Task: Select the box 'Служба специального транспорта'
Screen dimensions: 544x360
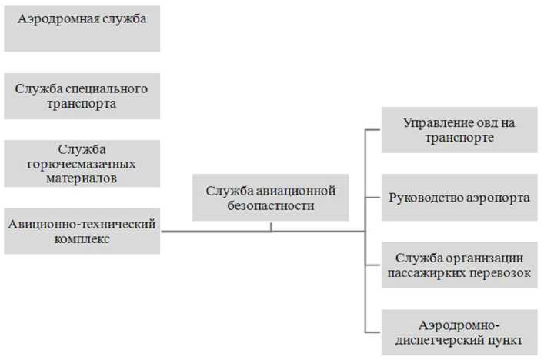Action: [x=82, y=96]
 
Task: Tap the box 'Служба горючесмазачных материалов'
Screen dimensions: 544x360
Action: [x=82, y=163]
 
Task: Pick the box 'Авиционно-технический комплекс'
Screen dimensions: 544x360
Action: [x=82, y=231]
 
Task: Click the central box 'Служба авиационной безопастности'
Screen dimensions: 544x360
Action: [x=271, y=198]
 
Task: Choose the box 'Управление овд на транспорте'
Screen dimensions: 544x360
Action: [x=459, y=130]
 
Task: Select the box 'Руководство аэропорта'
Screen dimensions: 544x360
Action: [x=459, y=198]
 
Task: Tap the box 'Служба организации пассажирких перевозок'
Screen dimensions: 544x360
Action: [x=459, y=265]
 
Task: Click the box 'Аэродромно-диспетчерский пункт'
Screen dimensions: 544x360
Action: [x=459, y=332]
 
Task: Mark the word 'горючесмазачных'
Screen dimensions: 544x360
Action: [x=82, y=164]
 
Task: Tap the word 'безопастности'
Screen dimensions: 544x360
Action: [x=271, y=206]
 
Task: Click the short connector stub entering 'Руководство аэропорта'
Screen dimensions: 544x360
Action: [x=372, y=198]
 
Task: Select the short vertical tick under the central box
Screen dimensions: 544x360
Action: [x=271, y=226]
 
